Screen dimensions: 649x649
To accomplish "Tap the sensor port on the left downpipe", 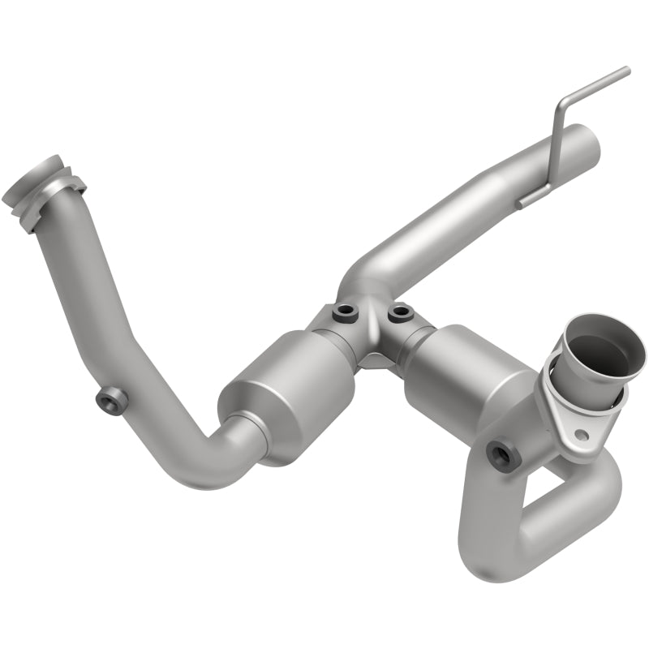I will [x=110, y=400].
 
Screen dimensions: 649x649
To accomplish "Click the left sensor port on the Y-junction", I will [x=346, y=311].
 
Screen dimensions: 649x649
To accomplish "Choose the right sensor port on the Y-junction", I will [x=398, y=311].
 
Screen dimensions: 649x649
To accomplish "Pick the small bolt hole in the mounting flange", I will [x=580, y=436].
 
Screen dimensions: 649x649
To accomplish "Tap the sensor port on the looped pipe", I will [x=503, y=457].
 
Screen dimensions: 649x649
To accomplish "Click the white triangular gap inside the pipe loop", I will [x=561, y=495].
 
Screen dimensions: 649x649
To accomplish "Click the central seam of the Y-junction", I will [x=372, y=341].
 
